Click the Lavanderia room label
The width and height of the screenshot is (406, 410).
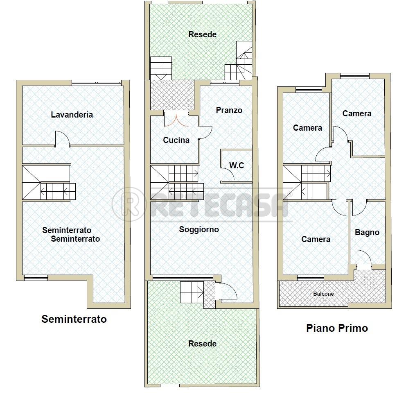point(72,115)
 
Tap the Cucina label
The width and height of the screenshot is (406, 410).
point(176,140)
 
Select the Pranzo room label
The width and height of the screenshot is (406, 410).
point(229,110)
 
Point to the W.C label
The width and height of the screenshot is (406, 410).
point(237,165)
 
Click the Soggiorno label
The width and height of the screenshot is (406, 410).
point(199,230)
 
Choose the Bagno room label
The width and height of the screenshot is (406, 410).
point(367,233)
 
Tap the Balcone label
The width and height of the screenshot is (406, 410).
point(323,294)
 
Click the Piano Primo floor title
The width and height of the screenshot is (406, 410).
point(337,328)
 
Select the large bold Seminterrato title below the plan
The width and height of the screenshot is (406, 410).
point(74,319)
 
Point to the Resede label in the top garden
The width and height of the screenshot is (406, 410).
point(203,34)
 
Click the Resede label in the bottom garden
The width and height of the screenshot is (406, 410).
point(203,344)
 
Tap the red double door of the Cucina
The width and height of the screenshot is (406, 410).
point(176,121)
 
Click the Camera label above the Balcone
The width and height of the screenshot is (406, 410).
point(316,239)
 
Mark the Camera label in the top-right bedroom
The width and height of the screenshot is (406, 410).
point(357,113)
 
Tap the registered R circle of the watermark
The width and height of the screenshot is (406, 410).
point(128,204)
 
